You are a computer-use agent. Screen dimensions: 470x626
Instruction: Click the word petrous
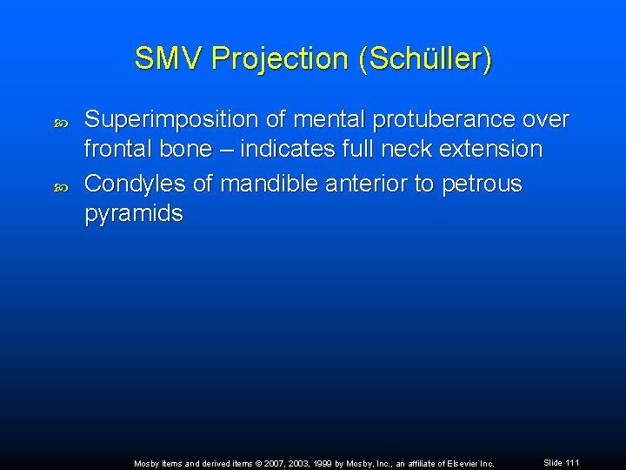483,185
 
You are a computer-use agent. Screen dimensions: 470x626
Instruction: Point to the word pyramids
133,214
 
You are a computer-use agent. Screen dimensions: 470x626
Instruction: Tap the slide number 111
570,462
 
